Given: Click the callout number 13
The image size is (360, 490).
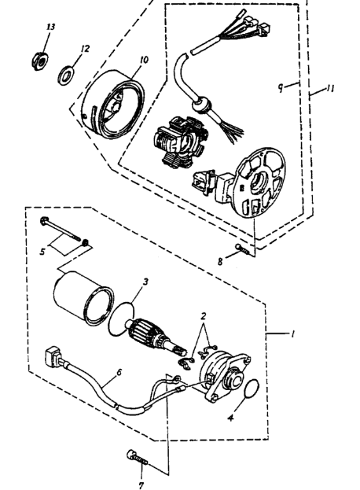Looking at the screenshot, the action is [50, 27].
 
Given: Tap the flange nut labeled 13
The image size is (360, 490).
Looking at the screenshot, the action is [40, 61].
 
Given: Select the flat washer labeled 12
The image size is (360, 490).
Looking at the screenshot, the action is [66, 75].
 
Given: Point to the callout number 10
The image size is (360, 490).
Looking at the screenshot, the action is [144, 60].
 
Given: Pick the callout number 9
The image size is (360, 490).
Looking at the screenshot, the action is [281, 88].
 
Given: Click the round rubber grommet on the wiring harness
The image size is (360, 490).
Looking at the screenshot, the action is [201, 105].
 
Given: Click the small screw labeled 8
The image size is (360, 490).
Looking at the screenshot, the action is [244, 249].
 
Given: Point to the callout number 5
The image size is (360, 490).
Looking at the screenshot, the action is [43, 251].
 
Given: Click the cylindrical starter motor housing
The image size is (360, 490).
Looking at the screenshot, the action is [83, 298].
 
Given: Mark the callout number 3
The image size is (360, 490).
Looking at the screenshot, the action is [145, 282].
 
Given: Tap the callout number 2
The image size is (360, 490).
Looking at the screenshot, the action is [204, 316].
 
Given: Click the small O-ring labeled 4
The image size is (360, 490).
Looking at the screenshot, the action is [252, 389].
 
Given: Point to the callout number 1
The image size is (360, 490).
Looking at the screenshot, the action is [292, 335].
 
